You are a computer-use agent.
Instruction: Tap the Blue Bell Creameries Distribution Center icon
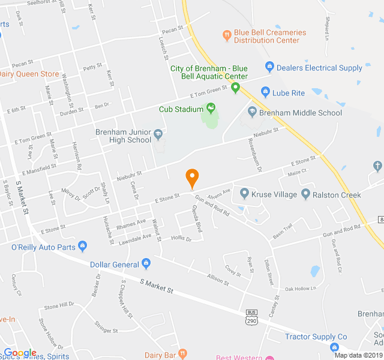(227, 35)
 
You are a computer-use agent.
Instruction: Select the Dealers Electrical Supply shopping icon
(269, 67)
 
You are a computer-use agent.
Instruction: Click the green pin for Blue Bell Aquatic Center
(235, 88)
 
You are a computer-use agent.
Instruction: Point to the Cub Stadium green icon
(211, 109)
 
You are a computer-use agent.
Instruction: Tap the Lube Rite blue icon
(265, 92)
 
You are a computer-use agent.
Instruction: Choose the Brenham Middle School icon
(253, 112)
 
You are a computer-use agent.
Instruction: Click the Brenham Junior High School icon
(158, 134)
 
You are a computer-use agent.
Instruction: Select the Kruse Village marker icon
(244, 194)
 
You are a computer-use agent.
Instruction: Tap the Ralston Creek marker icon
(305, 194)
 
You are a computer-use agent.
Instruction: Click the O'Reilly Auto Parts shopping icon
(83, 245)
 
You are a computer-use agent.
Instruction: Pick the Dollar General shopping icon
(146, 264)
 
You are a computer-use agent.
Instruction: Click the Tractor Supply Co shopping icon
(334, 347)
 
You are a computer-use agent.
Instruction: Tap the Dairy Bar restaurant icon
(183, 355)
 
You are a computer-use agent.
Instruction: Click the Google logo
(20, 353)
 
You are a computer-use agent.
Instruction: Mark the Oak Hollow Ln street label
(301, 289)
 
